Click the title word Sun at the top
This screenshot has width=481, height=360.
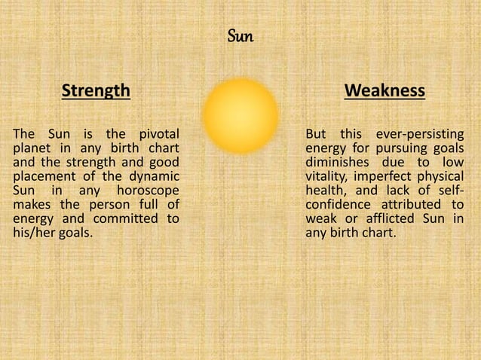click(x=240, y=35)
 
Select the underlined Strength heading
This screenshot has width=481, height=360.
click(x=95, y=92)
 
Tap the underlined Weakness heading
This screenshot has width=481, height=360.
click(x=384, y=92)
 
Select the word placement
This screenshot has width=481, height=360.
click(x=42, y=172)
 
